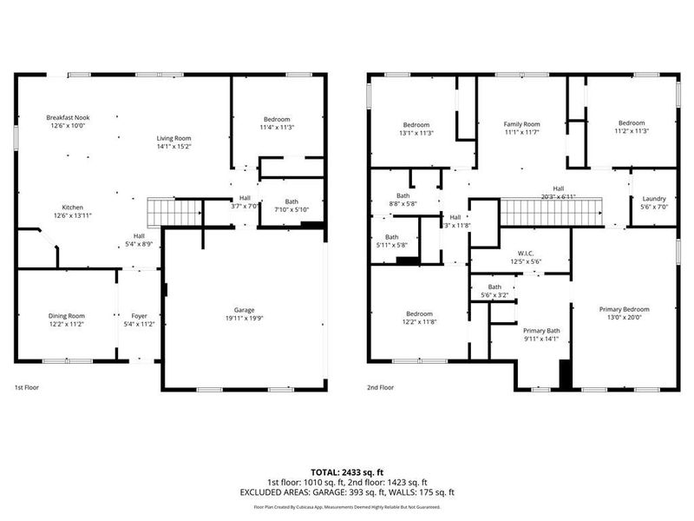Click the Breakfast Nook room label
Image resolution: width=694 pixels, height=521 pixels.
coord(68,117)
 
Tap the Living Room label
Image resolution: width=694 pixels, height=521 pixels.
coord(173,138)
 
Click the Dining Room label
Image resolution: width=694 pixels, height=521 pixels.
coord(67,315)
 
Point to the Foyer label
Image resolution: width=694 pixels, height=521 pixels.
coord(139,315)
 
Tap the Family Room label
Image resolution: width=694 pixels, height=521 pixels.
coord(521,124)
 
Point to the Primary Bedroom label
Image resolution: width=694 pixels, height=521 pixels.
coord(624,309)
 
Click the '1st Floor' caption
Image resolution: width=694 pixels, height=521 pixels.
coord(26,387)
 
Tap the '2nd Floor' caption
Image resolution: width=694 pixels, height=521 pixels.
coord(380,387)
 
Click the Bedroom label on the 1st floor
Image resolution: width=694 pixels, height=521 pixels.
coord(278,119)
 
